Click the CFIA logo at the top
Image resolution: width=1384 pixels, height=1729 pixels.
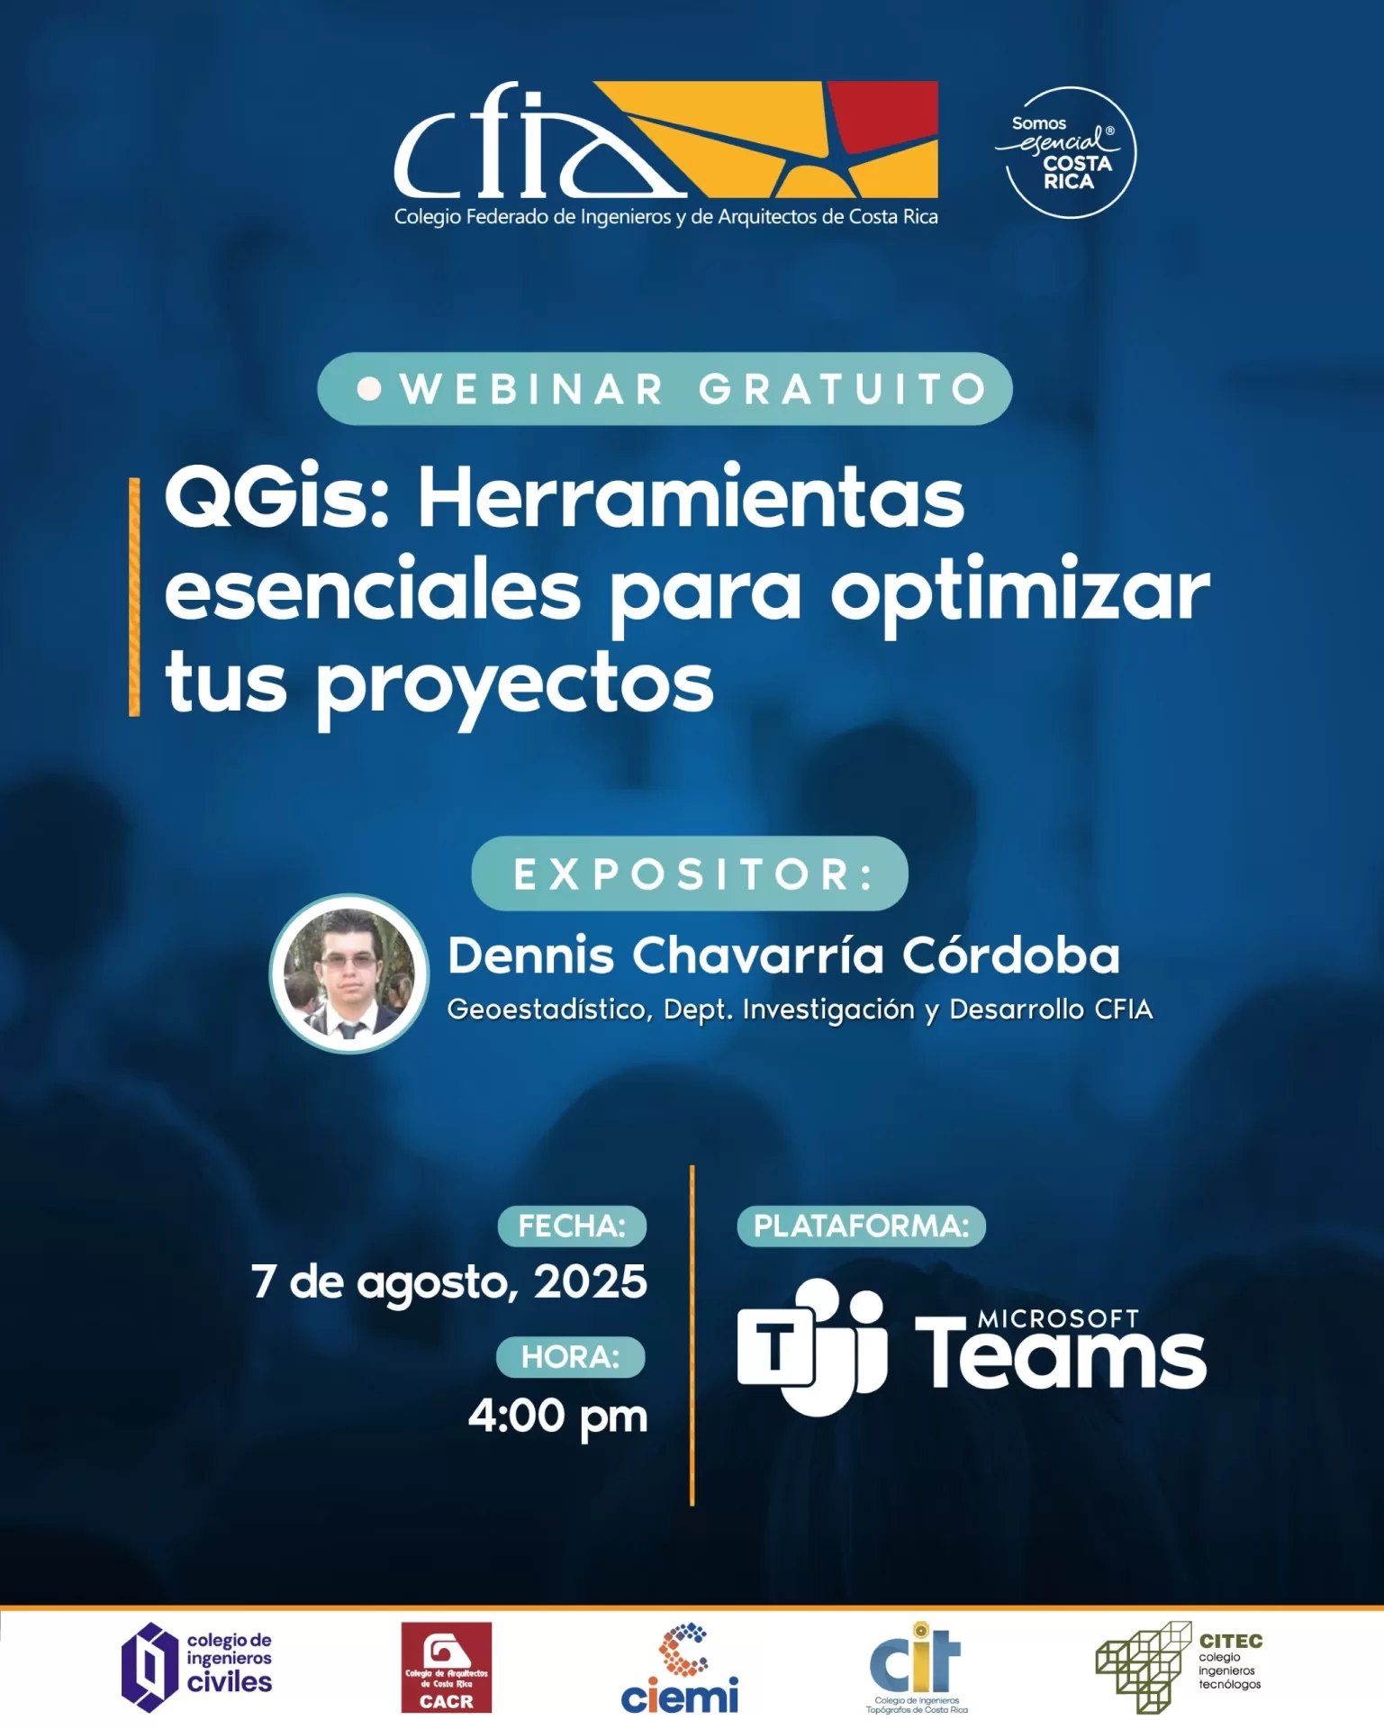point(665,153)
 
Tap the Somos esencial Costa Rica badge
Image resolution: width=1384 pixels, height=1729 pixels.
point(1069,152)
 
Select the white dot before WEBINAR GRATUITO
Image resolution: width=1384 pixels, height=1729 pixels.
point(369,388)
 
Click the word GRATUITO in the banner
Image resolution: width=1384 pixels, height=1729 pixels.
point(843,389)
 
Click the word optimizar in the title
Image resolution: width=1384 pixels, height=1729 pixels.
point(1020,595)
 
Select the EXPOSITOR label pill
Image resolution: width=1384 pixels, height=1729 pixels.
point(690,874)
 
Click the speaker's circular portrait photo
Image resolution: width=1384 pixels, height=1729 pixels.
point(349,973)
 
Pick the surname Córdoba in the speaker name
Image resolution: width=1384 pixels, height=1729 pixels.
point(1011,955)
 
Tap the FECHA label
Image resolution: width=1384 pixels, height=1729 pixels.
point(572,1227)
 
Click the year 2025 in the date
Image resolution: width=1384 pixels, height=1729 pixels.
point(591,1281)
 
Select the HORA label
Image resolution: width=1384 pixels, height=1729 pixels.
point(571,1357)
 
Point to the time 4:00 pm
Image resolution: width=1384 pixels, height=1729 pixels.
point(558,1417)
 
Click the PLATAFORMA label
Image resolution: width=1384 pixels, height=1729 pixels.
point(862,1227)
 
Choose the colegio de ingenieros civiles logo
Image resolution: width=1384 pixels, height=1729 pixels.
point(197,1668)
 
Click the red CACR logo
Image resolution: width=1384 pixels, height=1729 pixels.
point(447,1668)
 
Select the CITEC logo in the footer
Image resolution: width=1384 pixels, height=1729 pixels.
point(1179,1668)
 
